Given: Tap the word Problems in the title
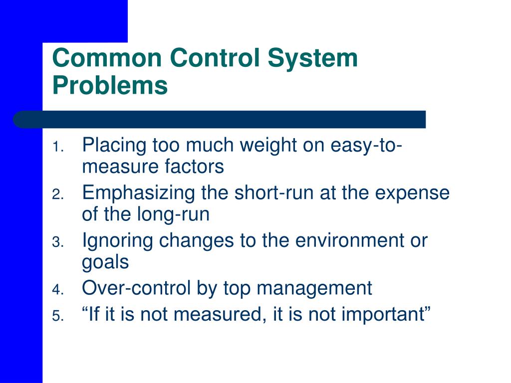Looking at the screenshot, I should tap(110, 85).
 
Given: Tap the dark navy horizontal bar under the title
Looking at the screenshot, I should tap(220, 120).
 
